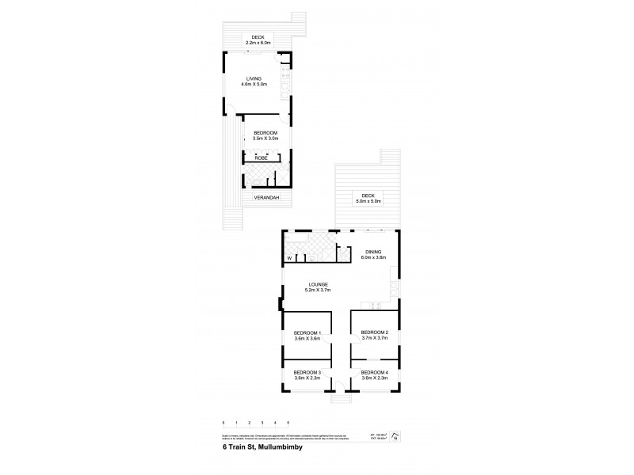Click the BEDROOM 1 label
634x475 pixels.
pyautogui.click(x=307, y=332)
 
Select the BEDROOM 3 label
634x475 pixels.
pyautogui.click(x=307, y=372)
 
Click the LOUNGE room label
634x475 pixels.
pyautogui.click(x=316, y=284)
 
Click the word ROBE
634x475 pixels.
pyautogui.click(x=261, y=158)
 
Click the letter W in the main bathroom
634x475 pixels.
pyautogui.click(x=289, y=258)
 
